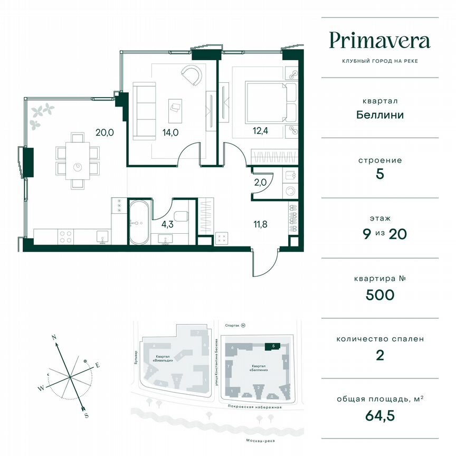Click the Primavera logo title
379,41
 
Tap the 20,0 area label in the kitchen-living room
104,133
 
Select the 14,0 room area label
170,133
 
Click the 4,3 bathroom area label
167,224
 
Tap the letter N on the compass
53,336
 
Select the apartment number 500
379,294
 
